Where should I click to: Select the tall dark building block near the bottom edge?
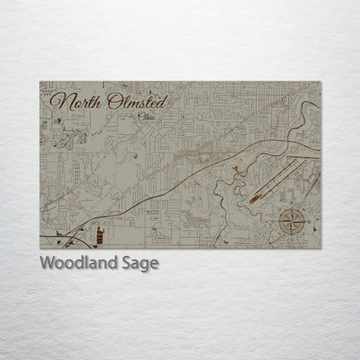click(101, 235)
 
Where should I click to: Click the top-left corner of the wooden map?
click(40, 82)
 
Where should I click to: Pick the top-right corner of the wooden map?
click(321, 82)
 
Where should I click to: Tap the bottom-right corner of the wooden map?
click(321, 248)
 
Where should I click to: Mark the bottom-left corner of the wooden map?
click(40, 248)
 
